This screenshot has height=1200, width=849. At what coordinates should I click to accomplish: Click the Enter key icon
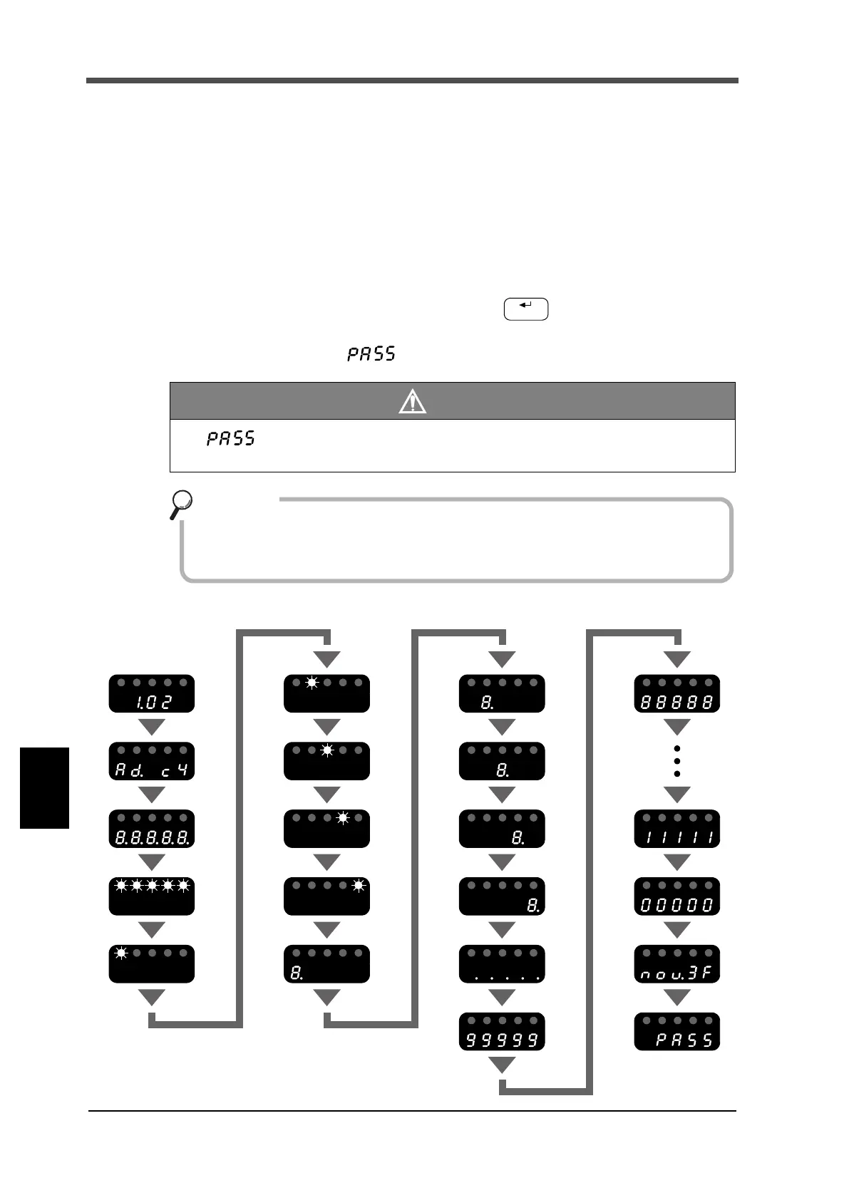click(526, 309)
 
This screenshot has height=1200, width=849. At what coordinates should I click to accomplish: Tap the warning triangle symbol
click(412, 402)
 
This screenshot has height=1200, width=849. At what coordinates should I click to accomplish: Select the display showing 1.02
click(152, 693)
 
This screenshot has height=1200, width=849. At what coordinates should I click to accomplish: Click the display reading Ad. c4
click(152, 761)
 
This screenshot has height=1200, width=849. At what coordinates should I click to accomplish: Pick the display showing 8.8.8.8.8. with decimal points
click(152, 829)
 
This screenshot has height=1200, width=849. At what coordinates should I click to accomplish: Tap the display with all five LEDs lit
click(152, 896)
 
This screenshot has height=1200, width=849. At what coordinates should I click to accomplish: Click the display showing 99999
click(503, 1031)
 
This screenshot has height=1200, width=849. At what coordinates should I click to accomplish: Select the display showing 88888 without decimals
click(677, 693)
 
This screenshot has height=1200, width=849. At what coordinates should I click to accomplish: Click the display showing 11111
click(677, 829)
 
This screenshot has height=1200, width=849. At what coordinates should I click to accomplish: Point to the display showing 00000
click(677, 896)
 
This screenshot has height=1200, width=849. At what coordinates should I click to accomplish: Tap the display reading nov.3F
click(677, 964)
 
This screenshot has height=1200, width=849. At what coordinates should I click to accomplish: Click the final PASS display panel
click(677, 1031)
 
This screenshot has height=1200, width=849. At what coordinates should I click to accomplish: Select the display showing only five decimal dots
click(503, 964)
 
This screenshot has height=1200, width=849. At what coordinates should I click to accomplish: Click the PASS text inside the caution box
click(231, 438)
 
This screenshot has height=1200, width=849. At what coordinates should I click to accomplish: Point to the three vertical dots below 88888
click(677, 761)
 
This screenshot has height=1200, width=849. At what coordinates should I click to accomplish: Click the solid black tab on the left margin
click(44, 787)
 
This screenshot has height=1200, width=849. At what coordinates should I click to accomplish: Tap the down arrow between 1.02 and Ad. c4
click(152, 728)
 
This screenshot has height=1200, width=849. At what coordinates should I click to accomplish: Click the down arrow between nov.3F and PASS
click(677, 998)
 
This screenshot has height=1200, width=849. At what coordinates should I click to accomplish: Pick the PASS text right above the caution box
click(371, 353)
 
